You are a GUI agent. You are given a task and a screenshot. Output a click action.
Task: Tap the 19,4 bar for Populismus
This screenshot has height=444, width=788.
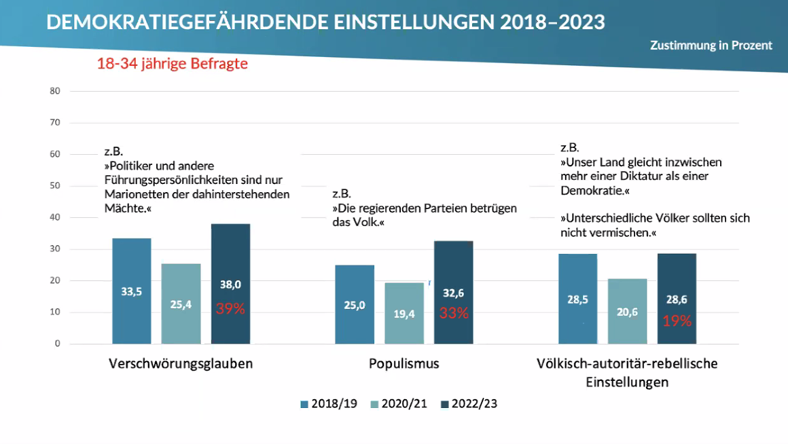pos(404,313)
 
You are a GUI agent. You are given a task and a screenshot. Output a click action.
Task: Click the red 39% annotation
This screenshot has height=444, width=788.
pos(230,309)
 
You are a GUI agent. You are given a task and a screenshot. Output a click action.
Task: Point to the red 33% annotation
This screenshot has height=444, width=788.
pos(453,313)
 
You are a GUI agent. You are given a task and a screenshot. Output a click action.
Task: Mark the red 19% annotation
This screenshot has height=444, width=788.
pos(677,321)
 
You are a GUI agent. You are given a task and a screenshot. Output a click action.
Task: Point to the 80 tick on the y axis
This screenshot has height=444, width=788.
pos(55,91)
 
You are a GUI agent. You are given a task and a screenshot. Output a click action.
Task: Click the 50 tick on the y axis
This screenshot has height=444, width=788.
pos(55,186)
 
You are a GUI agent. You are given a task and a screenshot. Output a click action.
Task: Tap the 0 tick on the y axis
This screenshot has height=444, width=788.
pos(57,344)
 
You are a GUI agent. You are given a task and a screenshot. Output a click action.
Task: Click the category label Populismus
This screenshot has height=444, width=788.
pos(404,364)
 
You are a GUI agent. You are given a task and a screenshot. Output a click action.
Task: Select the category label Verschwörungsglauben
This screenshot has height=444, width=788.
pos(181,364)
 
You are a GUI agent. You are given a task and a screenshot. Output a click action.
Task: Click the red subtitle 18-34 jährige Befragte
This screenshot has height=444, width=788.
pos(172,64)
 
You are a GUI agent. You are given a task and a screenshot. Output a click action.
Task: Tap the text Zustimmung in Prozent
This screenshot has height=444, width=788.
pos(711,45)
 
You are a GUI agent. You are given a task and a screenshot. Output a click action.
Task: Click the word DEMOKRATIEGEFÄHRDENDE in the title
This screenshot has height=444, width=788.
pos(187,22)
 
